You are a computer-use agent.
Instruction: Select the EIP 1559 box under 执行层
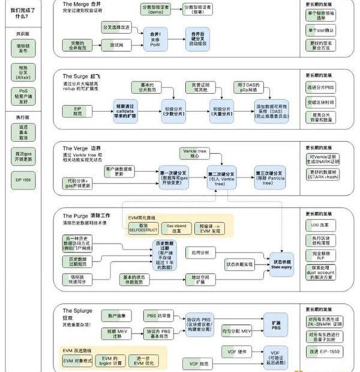point(23,179)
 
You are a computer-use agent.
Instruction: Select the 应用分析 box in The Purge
point(200,252)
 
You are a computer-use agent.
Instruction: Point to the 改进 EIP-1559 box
point(324,350)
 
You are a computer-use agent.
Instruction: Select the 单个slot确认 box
point(322,29)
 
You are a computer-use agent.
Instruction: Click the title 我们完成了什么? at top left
point(22,12)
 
